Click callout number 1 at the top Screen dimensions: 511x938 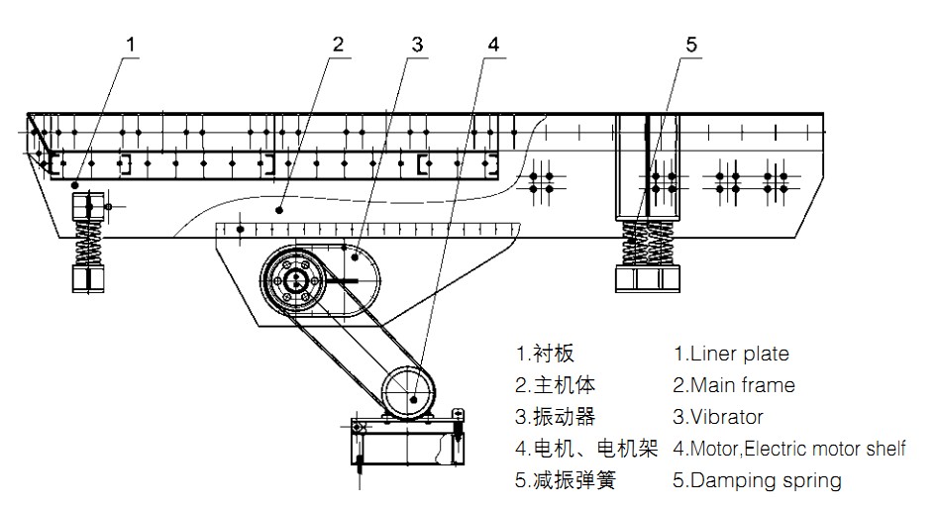[x=132, y=44]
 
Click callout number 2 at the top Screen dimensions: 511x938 [x=338, y=44]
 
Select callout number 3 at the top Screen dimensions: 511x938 [x=417, y=44]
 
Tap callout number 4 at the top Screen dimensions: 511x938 [x=493, y=44]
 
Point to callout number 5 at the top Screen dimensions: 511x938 [x=691, y=44]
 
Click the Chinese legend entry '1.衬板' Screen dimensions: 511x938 [x=545, y=353]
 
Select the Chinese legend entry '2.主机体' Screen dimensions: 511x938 [x=556, y=384]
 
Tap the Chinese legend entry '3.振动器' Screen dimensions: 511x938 [x=556, y=417]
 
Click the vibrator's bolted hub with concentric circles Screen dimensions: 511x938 [x=294, y=280]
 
